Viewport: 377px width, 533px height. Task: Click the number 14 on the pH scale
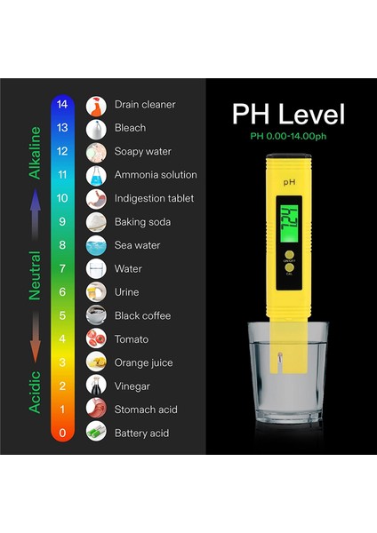pos(61,105)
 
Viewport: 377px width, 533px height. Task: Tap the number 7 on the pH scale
pos(61,268)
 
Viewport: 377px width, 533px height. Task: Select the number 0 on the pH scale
pos(61,434)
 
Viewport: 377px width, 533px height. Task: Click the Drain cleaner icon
pos(96,106)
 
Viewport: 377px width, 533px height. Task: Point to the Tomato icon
pos(96,339)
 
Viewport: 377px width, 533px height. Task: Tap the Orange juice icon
pos(96,362)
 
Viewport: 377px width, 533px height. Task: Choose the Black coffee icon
pos(96,315)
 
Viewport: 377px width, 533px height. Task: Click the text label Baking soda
pos(142,222)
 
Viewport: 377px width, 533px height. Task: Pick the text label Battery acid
pos(142,434)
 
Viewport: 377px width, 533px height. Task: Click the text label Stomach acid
pos(146,410)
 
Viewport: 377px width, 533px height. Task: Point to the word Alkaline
pos(36,153)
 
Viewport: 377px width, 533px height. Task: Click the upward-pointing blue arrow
pos(36,214)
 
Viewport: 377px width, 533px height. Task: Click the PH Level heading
pos(288,115)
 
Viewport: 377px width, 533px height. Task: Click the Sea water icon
pos(96,245)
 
